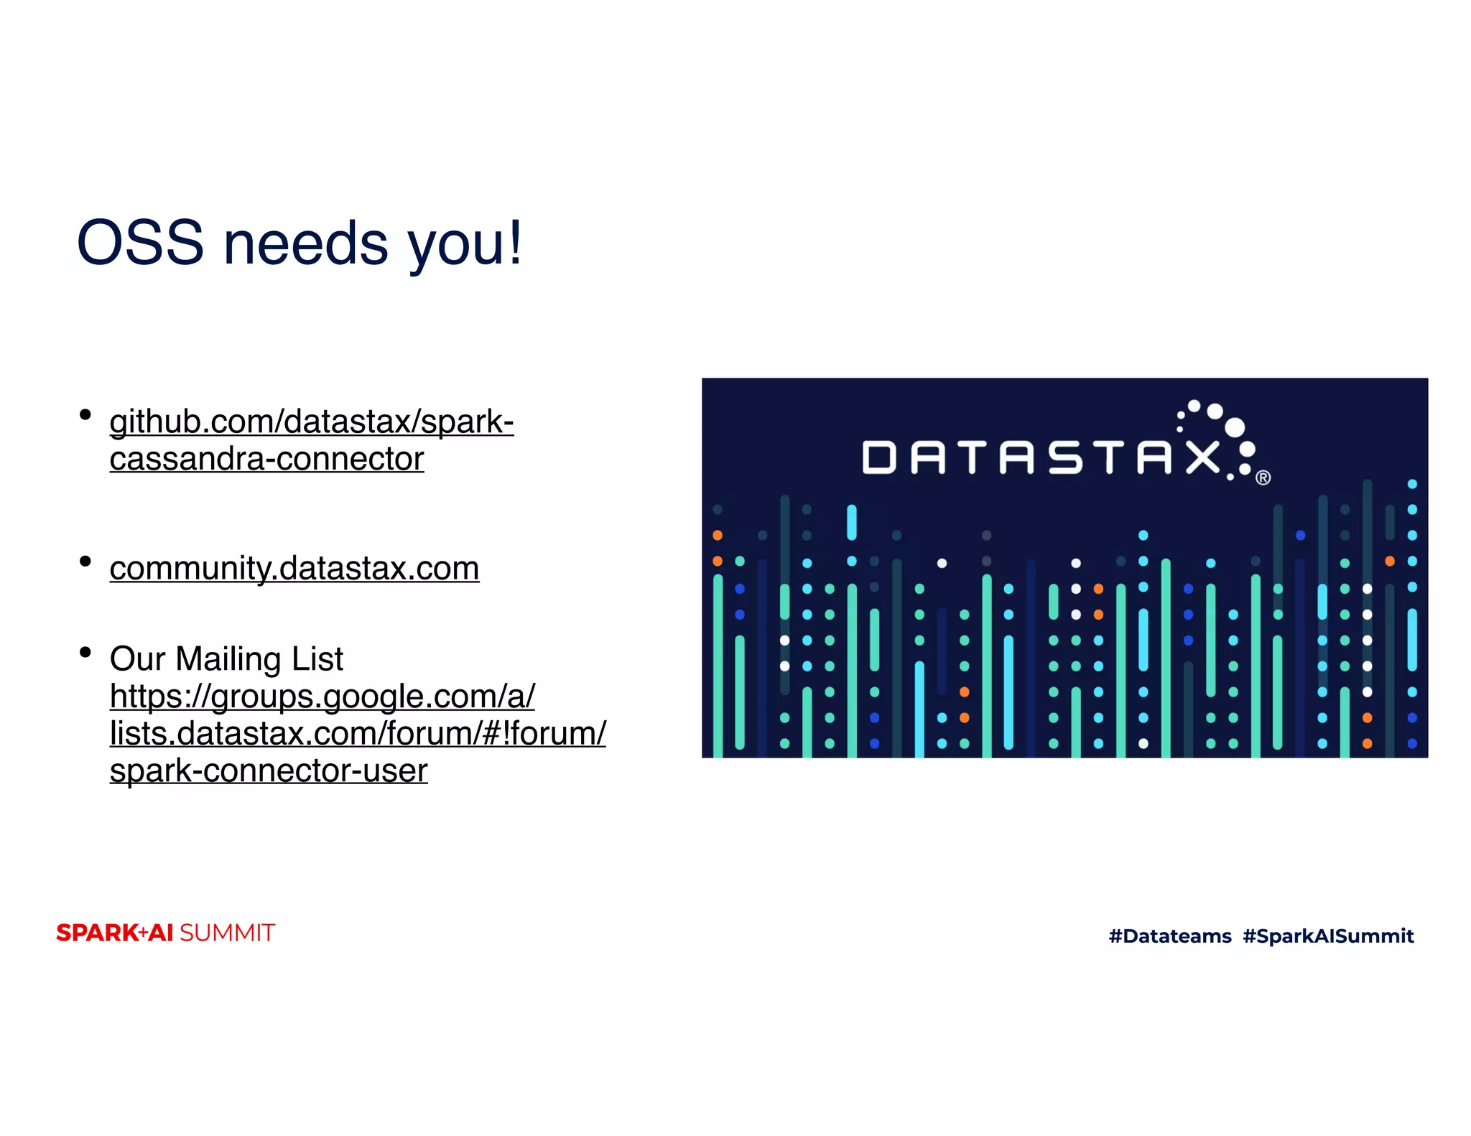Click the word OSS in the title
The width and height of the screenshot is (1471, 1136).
tap(140, 243)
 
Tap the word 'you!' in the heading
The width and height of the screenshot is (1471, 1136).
tap(465, 244)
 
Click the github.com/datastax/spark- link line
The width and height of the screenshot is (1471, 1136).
tap(311, 422)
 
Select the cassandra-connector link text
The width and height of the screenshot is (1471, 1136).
tap(266, 459)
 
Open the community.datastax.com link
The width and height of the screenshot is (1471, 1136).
tap(294, 568)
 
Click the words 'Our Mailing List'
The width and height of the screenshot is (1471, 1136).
tap(226, 658)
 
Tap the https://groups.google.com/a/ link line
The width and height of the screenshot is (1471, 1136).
tap(322, 696)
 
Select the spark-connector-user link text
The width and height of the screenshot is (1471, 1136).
tap(268, 770)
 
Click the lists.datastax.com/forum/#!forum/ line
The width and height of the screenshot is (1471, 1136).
tap(357, 733)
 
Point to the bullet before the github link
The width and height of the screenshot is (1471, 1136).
tap(85, 414)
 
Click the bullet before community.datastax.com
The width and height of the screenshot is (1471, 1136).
tap(85, 561)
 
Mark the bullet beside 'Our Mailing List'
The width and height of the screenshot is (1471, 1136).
tap(85, 652)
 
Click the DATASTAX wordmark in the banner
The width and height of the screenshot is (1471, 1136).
tap(1041, 457)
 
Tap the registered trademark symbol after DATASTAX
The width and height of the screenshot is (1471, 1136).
tap(1263, 478)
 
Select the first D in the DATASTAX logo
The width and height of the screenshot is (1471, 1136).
tap(879, 457)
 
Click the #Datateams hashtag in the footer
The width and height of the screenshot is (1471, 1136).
tap(1169, 936)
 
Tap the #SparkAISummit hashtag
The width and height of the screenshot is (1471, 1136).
tap(1328, 936)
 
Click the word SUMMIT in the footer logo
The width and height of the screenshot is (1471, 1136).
tap(227, 933)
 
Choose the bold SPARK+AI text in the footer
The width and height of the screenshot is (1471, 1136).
tap(115, 933)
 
